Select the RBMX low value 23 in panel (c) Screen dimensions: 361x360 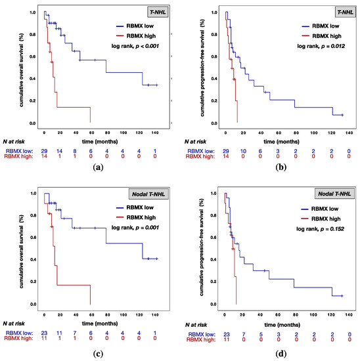(x=43, y=333)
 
